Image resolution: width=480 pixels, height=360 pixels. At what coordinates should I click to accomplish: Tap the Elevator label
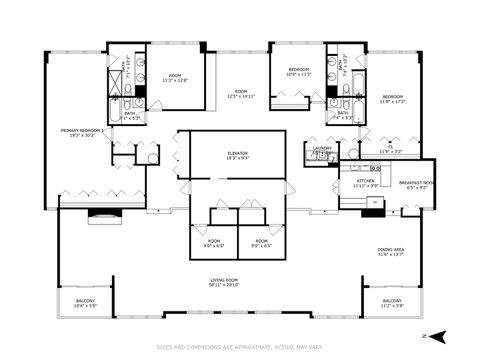coord(237,153)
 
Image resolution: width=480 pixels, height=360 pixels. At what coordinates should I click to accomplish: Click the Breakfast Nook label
coord(415,183)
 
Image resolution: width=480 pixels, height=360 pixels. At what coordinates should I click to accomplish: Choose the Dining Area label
coord(391,249)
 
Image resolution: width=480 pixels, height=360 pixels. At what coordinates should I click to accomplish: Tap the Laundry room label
coord(322,148)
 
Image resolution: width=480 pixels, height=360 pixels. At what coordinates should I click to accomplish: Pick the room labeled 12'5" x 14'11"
coord(239,93)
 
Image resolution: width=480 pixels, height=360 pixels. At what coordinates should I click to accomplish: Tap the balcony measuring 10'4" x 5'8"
coord(87,302)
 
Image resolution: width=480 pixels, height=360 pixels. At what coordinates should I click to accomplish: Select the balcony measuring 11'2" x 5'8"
coord(392,302)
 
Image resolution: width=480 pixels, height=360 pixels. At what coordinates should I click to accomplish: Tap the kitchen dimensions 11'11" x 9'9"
coord(365,185)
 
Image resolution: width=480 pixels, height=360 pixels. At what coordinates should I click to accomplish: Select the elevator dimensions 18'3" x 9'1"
coord(237,159)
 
